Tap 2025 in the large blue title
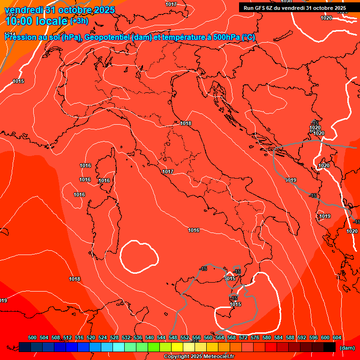(101, 10)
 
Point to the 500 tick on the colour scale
(32, 337)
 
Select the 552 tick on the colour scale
(185, 337)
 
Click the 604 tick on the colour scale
(337, 337)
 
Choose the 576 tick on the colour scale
(255, 337)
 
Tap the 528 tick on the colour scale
(114, 337)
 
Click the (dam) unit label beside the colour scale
(347, 348)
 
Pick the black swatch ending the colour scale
(330, 347)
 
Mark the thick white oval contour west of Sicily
(139, 256)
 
